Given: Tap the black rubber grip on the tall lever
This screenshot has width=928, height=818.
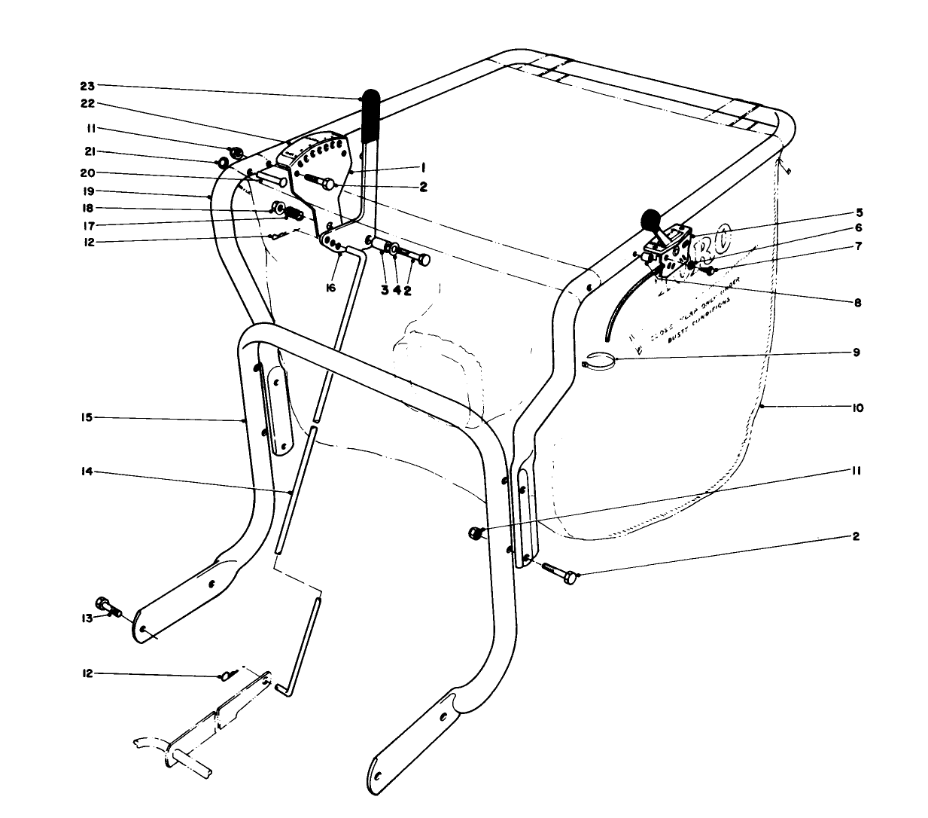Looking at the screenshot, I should click(x=370, y=117).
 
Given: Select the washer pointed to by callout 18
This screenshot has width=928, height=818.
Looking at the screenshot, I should click(x=277, y=207).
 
